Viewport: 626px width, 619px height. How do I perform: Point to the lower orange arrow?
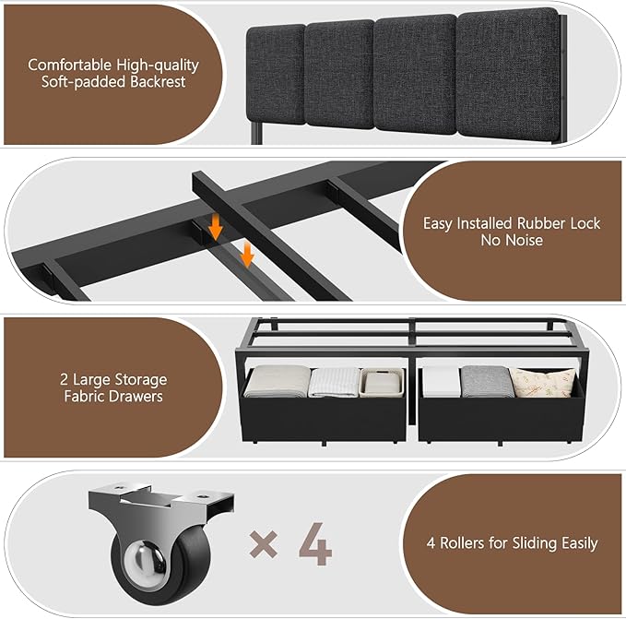247,256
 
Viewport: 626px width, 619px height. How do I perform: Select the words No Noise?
512,241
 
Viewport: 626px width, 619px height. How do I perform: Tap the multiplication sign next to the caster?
265,546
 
